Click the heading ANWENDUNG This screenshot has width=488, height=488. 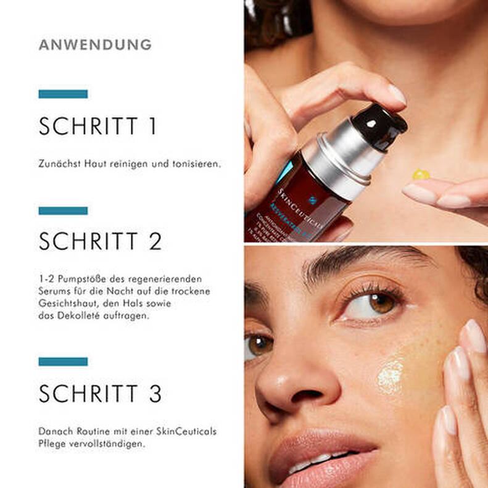click(95, 44)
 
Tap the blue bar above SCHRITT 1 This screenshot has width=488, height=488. click(63, 94)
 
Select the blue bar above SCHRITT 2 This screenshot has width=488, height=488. click(63, 210)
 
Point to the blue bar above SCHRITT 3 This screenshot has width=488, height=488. click(63, 361)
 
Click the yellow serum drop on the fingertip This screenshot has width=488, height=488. click(421, 174)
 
